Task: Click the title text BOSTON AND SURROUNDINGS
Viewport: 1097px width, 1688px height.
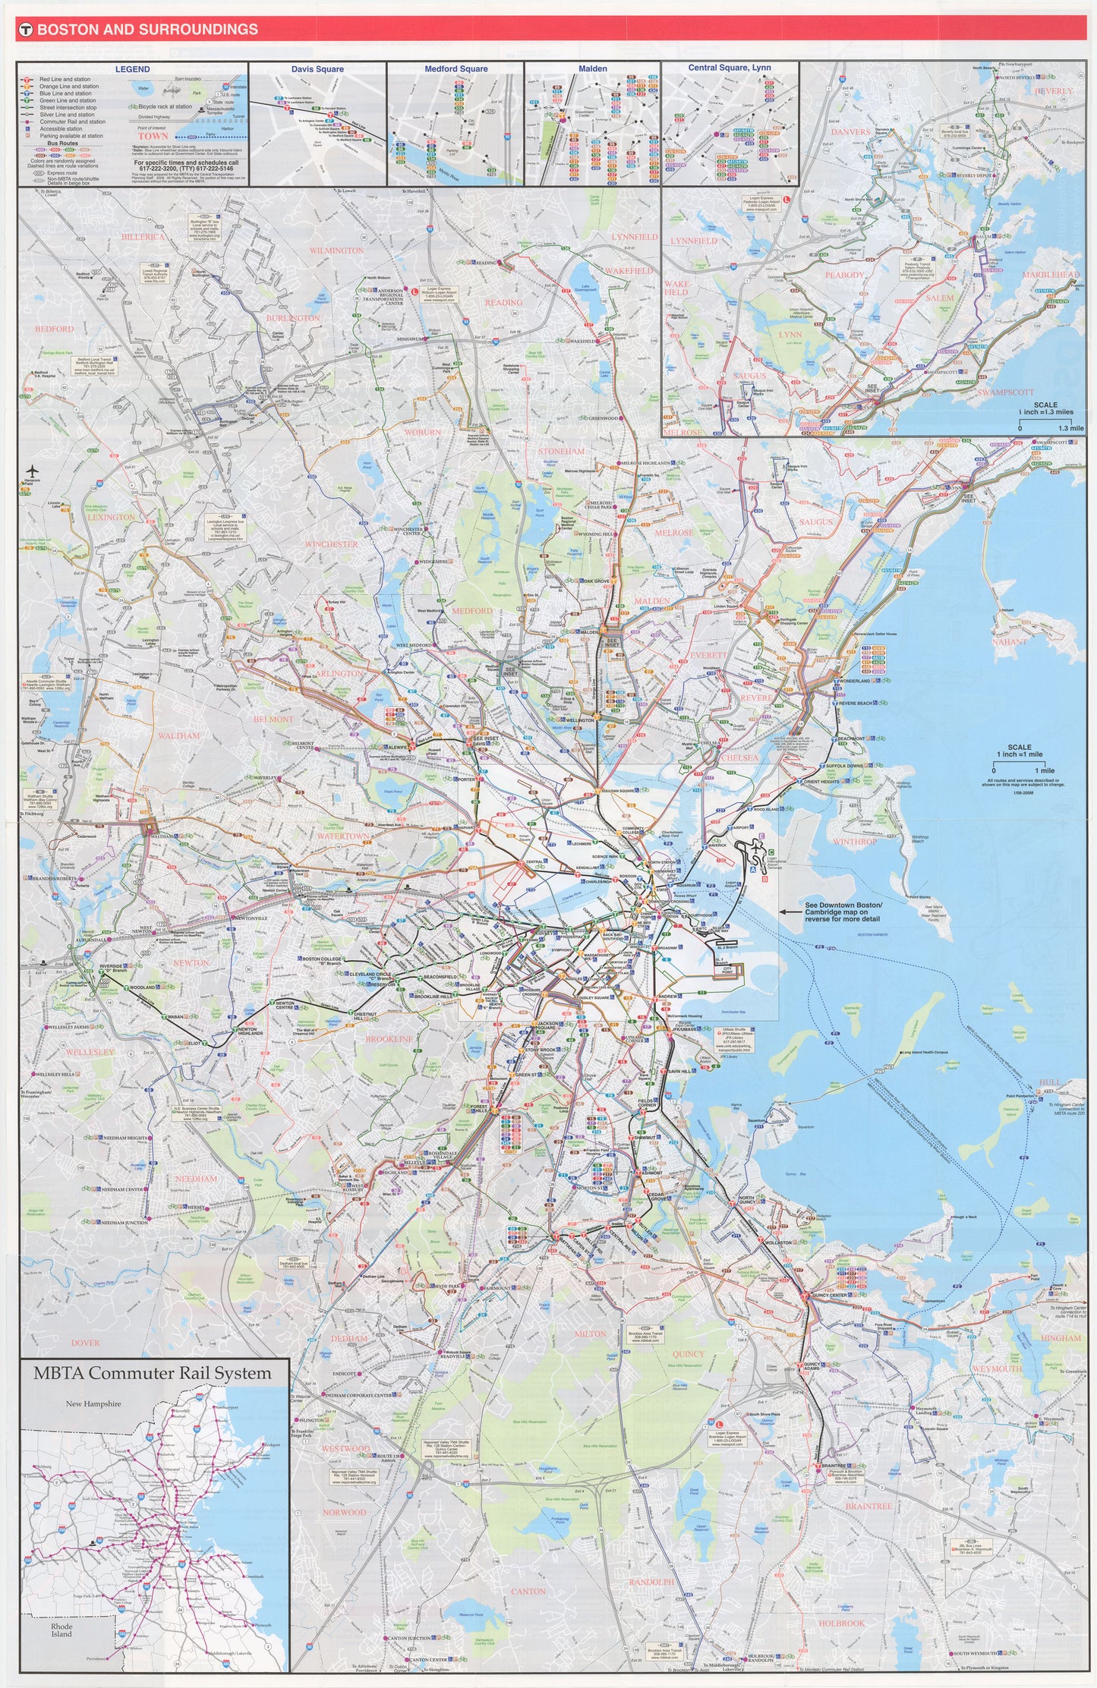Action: (x=147, y=30)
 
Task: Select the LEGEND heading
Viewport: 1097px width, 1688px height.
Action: (x=132, y=69)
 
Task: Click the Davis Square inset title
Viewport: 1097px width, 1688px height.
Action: (x=317, y=69)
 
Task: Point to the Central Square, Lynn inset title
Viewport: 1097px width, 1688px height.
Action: (x=729, y=68)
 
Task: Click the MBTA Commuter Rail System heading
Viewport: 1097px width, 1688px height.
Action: (x=152, y=1373)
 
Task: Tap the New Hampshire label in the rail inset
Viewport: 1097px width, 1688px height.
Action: (x=93, y=1403)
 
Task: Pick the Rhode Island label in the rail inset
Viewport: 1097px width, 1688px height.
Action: (x=61, y=1630)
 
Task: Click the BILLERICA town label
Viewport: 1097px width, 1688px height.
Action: (x=143, y=237)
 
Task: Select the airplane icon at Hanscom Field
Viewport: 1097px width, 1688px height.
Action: (x=31, y=471)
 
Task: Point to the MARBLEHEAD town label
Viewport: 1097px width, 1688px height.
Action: (x=1050, y=275)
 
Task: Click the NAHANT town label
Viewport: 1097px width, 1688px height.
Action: (x=1009, y=642)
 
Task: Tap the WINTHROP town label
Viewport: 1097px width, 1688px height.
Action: (x=855, y=842)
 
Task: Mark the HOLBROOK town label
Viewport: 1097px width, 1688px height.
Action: (x=841, y=1623)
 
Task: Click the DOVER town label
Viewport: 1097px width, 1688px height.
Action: (x=85, y=1343)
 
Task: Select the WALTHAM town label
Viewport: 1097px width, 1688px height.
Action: (x=179, y=735)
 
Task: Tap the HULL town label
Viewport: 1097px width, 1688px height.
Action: (x=1050, y=1082)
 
